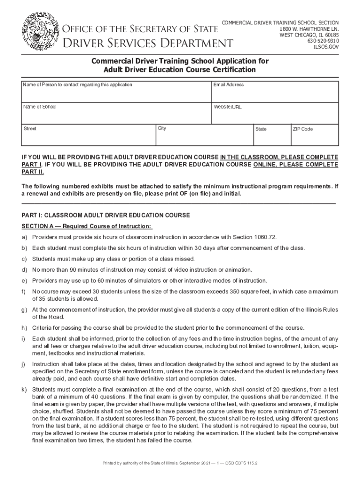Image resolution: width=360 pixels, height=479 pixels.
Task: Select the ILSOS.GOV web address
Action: click(326, 47)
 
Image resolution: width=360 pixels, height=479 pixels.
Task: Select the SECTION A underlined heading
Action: click(86, 226)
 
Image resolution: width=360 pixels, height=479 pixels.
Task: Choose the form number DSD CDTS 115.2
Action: click(238, 463)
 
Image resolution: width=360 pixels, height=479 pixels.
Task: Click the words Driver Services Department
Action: click(148, 44)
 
